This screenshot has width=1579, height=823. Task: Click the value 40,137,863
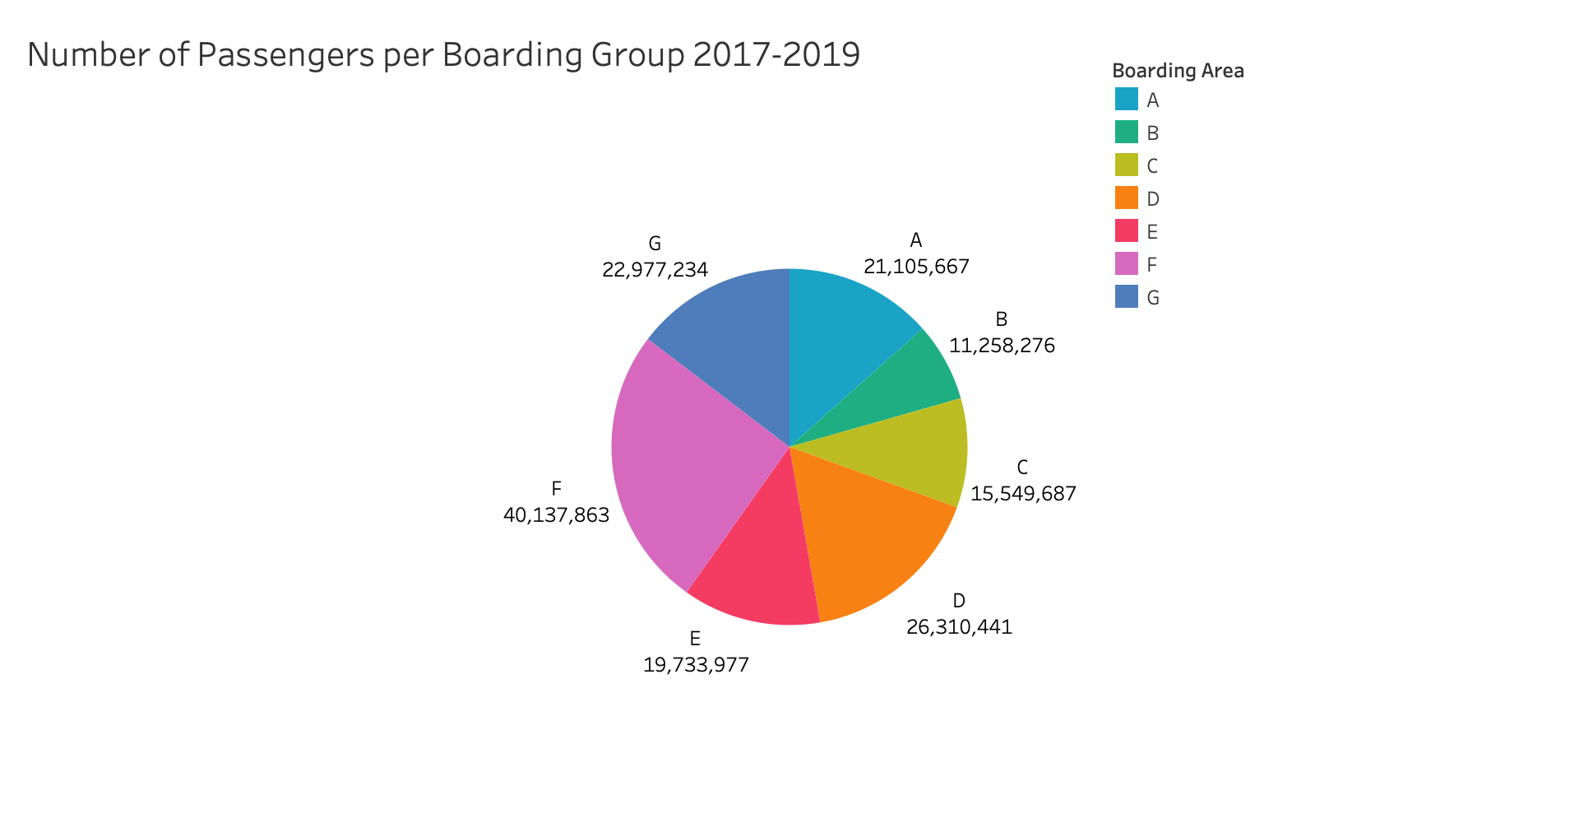coord(556,516)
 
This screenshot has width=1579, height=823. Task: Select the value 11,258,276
coord(1002,346)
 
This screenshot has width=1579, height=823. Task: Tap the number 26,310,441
coord(959,627)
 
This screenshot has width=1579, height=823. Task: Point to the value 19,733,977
coord(696,665)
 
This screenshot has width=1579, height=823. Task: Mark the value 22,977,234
coord(655,270)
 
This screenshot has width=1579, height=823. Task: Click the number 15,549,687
coord(1023,494)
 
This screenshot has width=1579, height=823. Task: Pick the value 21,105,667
coord(916,267)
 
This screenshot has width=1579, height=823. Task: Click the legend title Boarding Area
coord(1178,72)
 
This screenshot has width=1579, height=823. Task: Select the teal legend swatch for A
coord(1127,100)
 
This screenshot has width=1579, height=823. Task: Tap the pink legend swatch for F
coord(1127,264)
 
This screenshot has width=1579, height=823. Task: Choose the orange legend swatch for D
coord(1127,198)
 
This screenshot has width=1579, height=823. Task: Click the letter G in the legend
coord(1153,298)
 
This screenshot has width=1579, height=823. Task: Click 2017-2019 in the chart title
coord(776,55)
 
